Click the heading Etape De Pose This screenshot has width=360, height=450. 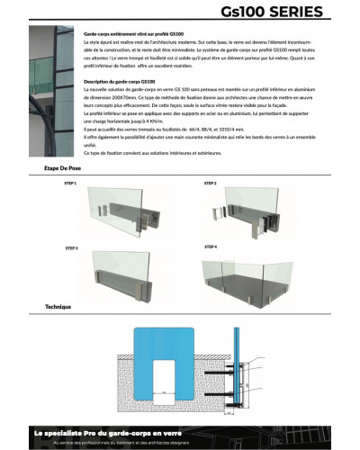63,168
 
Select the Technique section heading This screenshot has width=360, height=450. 58,307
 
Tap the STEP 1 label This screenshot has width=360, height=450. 71,183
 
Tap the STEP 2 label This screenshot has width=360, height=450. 211,183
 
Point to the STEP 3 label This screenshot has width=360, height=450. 71,247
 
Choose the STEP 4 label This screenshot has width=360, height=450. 211,246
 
